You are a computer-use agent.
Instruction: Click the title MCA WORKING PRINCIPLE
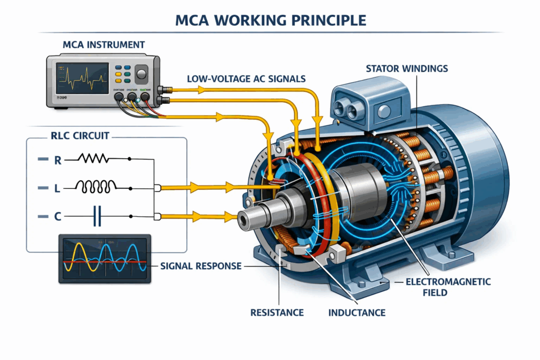(x=269, y=21)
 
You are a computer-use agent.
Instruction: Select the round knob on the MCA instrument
(x=142, y=73)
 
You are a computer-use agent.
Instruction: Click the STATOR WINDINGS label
(x=411, y=69)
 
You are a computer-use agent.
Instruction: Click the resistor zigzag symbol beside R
(x=94, y=158)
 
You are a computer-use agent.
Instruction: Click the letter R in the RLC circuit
(x=58, y=159)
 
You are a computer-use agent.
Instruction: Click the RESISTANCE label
(x=277, y=313)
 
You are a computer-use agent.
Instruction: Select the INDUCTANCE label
(x=357, y=313)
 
